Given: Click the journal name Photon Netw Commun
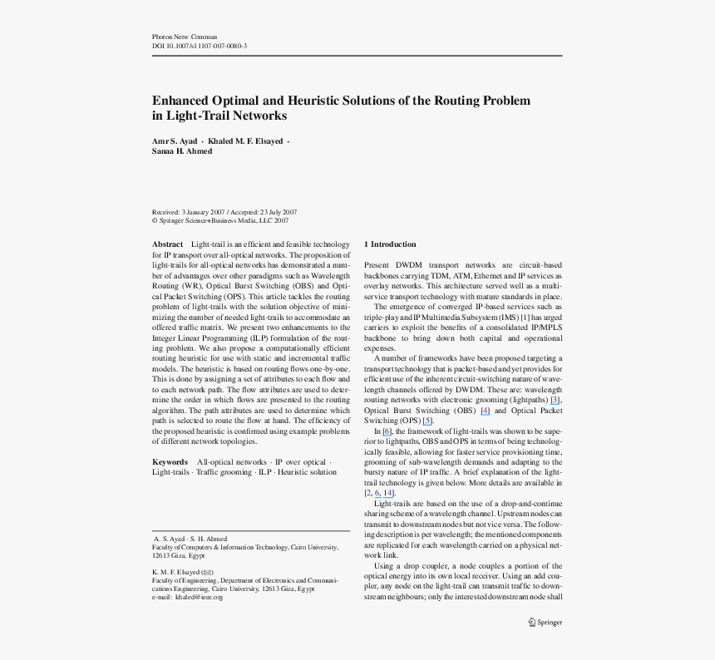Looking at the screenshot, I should pos(184,37).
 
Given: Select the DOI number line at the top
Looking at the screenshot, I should pos(199,47).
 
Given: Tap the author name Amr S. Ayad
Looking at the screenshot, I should pos(174,141).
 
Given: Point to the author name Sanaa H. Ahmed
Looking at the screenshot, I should pos(181,151).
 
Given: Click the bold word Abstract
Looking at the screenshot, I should pos(167,244).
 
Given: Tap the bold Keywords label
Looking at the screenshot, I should pos(170,461).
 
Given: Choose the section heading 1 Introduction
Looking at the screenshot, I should pos(390,244).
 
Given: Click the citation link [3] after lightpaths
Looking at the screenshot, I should pos(555,400).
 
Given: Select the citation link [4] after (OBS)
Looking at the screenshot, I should pos(485,411).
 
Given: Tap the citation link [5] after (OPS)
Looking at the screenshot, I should pos(427,421).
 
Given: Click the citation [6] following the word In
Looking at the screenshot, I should pos(387,431).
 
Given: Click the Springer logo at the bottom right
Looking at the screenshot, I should pos(545,622).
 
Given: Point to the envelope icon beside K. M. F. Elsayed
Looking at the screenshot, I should pos(208,573).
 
